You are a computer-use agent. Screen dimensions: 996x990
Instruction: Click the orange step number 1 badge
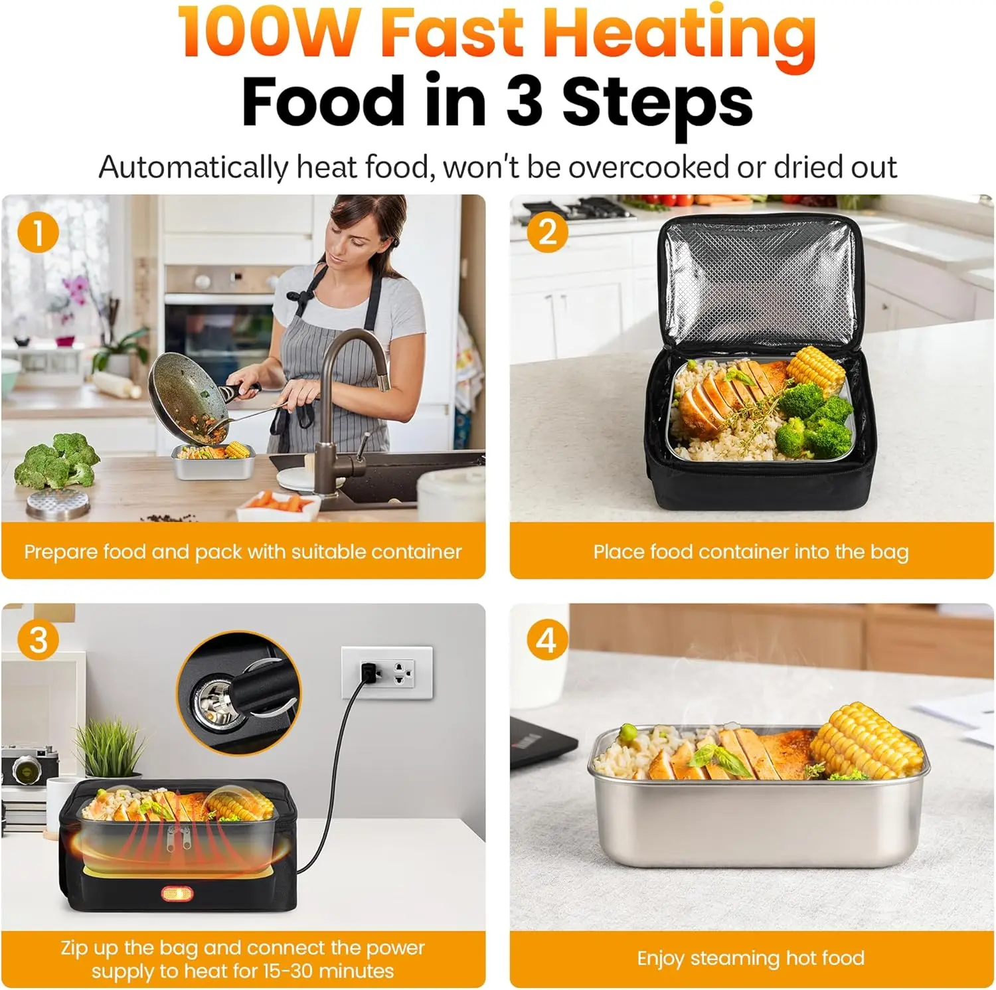click(x=39, y=232)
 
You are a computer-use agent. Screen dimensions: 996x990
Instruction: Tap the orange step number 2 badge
click(x=547, y=232)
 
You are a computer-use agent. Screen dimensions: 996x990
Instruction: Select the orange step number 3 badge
click(x=39, y=640)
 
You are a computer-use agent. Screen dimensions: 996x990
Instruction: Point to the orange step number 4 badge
click(x=547, y=640)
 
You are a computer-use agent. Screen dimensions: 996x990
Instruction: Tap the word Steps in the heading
click(x=657, y=103)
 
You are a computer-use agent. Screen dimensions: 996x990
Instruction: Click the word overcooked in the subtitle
click(x=649, y=167)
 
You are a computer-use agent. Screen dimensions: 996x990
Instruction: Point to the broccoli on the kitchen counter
click(x=57, y=459)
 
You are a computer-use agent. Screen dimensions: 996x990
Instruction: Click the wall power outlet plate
click(x=387, y=672)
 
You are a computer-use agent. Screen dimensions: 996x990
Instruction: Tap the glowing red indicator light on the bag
click(x=177, y=893)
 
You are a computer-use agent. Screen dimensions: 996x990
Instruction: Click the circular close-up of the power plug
click(x=238, y=693)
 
